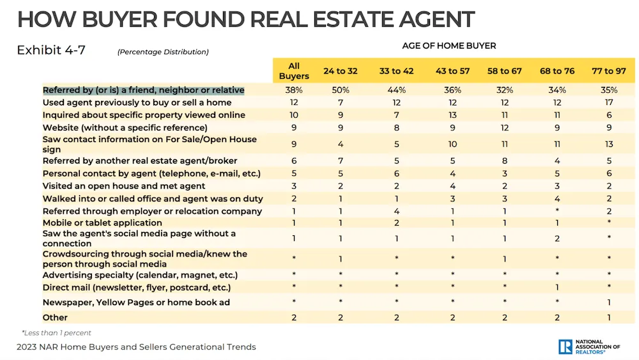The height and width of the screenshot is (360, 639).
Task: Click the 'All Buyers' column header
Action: click(293, 70)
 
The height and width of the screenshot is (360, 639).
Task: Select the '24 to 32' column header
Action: click(340, 71)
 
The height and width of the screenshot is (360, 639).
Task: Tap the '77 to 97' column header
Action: click(609, 71)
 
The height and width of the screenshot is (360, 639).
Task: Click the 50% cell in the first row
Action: click(340, 90)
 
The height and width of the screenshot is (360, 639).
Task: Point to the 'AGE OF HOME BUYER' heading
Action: click(449, 46)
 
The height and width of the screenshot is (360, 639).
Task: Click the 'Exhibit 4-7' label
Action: click(51, 50)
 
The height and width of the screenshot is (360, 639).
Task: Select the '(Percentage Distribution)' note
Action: click(163, 52)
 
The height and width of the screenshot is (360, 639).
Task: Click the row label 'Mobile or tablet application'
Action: click(102, 223)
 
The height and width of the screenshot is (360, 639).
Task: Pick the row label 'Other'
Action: click(55, 317)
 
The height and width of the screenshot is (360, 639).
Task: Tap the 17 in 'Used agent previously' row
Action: click(609, 102)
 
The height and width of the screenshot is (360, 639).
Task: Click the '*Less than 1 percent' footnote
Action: click(56, 333)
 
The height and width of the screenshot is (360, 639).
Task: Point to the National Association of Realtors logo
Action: click(589, 347)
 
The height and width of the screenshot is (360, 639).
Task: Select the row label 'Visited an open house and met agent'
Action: click(124, 186)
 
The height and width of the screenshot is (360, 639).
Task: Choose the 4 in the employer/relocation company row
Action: click(397, 211)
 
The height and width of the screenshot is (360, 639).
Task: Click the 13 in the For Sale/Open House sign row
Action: click(609, 144)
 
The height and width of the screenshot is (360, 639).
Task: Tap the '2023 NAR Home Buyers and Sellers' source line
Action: click(136, 347)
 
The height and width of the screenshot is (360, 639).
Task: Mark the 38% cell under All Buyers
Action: click(293, 90)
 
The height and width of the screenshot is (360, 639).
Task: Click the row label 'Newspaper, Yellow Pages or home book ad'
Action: click(136, 302)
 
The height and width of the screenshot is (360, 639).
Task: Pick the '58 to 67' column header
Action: click(504, 71)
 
